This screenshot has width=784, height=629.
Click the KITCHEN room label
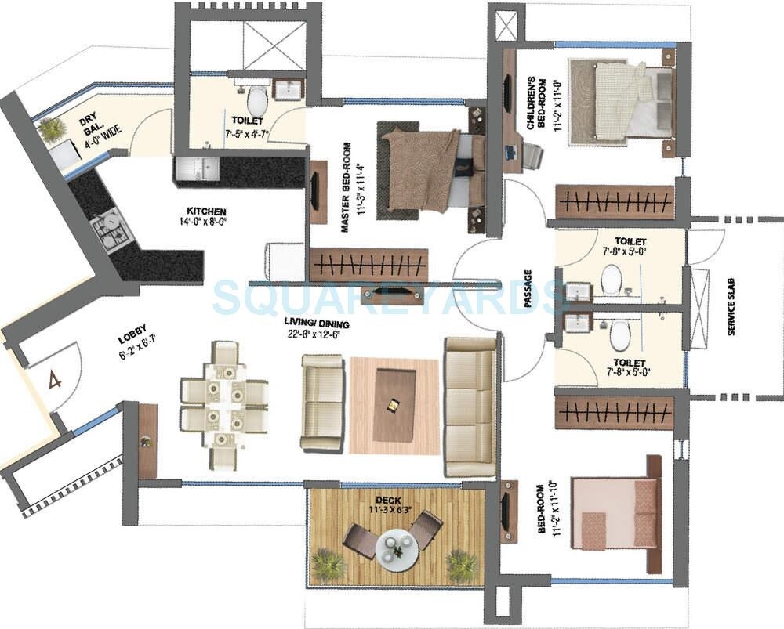tap(206, 211)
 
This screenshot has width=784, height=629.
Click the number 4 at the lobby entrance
tap(54, 381)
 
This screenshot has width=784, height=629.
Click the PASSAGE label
tap(528, 289)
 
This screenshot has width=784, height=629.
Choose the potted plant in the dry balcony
tap(52, 128)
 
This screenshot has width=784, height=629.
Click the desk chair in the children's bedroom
tap(533, 157)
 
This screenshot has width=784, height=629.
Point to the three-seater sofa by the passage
tap(470, 407)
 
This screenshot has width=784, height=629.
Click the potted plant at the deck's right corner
tap(463, 565)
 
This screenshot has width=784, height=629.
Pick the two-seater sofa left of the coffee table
tap(322, 402)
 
